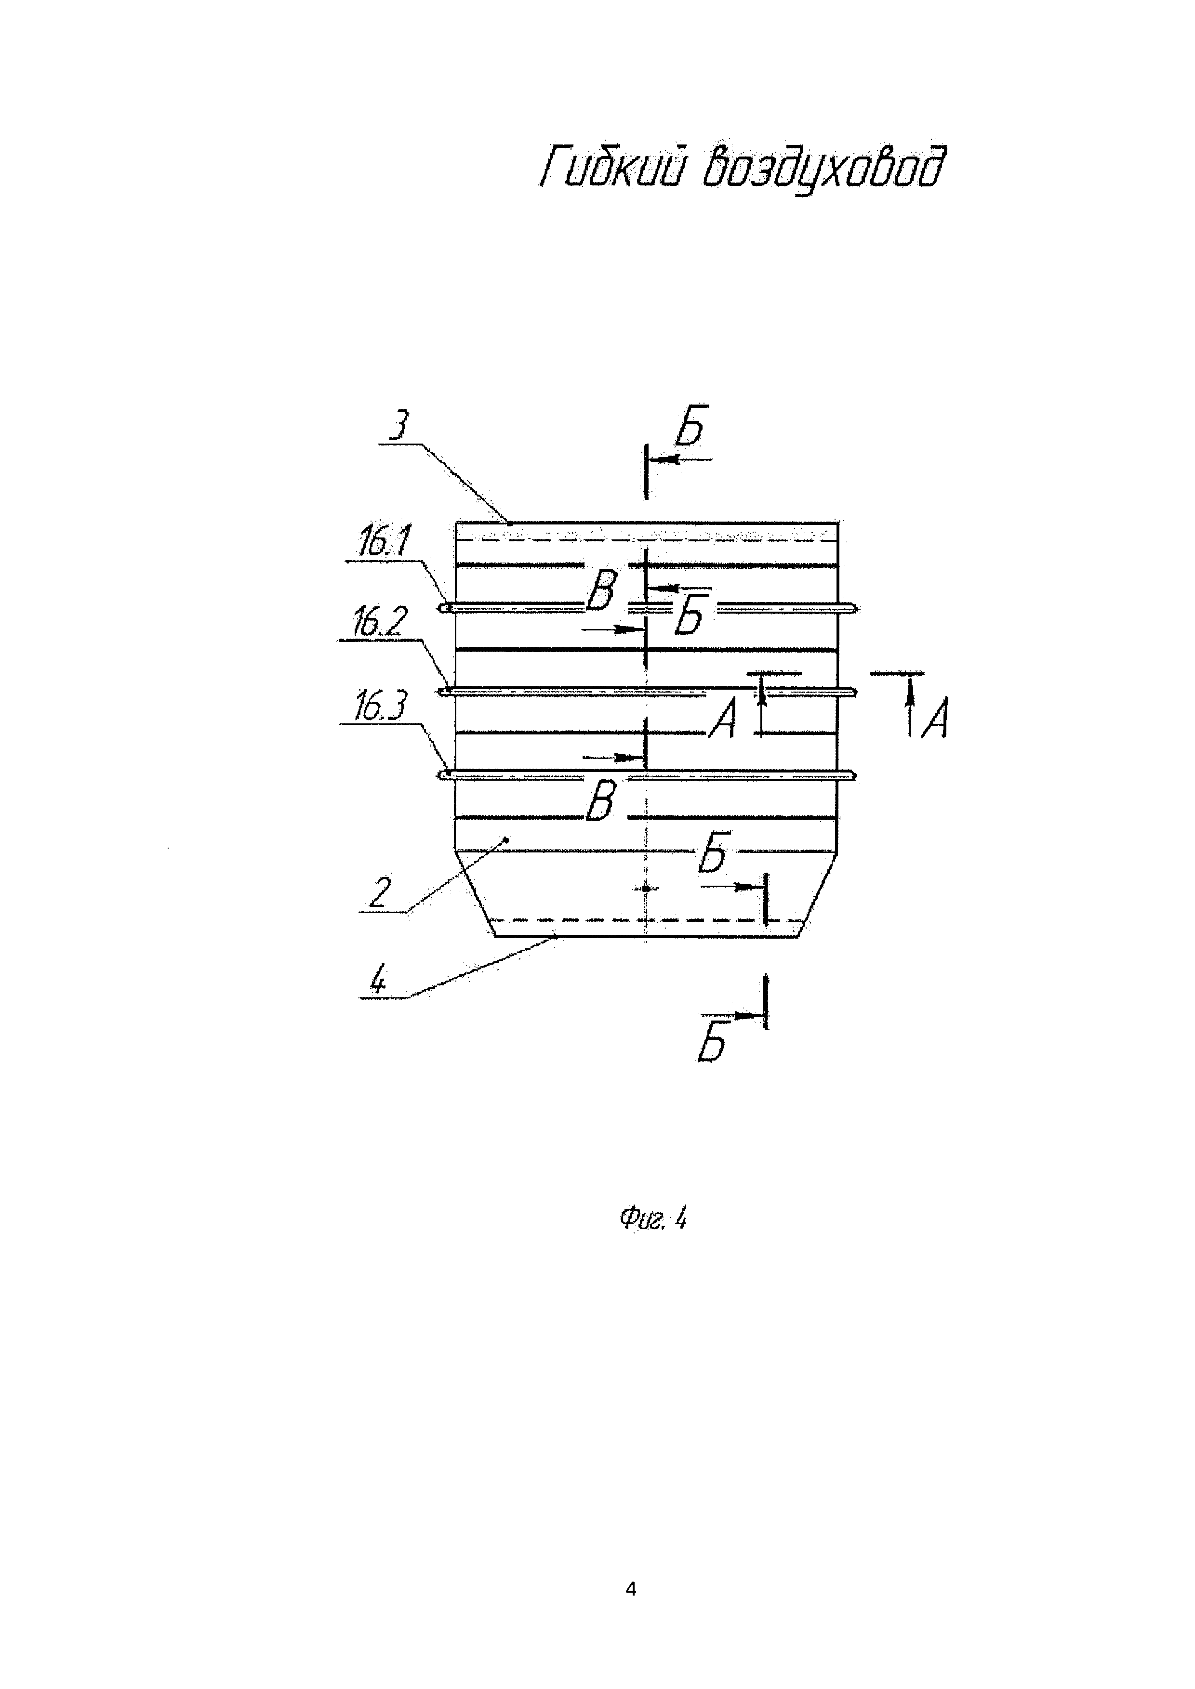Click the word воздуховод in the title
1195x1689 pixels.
click(821, 168)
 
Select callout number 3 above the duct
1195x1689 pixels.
click(398, 427)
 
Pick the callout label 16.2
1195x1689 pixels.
click(377, 623)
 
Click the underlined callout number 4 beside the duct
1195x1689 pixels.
click(377, 981)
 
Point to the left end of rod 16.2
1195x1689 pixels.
click(443, 692)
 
